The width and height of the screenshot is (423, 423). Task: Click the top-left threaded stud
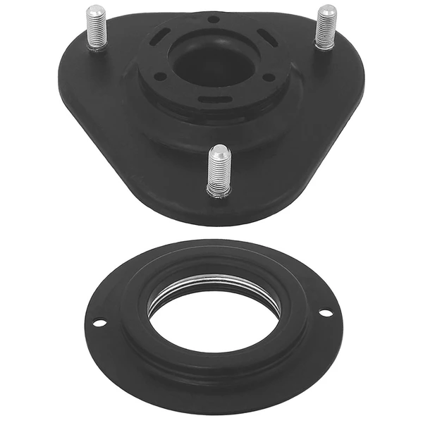point(96,28)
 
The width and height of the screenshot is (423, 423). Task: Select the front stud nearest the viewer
point(219,171)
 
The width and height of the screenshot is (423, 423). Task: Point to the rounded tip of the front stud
point(220,151)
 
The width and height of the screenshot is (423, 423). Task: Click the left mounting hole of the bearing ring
point(99,323)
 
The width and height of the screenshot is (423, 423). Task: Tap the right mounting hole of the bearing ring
point(325,312)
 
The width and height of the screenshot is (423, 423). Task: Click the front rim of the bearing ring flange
point(211,402)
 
